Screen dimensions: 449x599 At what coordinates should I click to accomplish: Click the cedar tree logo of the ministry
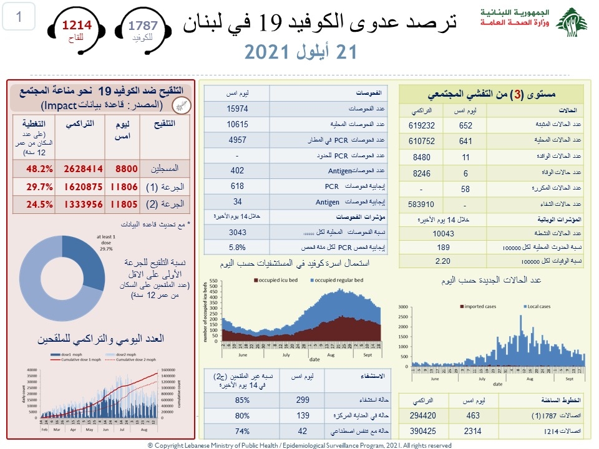coord(571,23)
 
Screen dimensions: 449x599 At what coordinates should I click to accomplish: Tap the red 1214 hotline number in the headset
coord(76,26)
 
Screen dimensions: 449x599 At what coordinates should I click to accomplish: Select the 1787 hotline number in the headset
coord(143,26)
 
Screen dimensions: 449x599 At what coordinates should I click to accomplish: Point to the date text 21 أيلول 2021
coord(300,52)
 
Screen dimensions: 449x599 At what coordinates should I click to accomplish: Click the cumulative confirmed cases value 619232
coord(421,125)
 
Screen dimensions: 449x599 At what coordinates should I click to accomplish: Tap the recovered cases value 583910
coord(421,205)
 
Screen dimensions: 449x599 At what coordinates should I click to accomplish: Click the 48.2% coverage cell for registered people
coord(39,168)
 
